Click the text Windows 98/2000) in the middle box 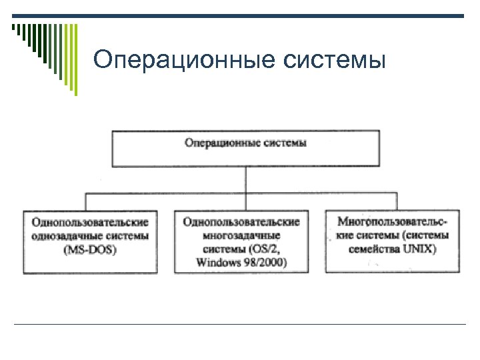pos(241,263)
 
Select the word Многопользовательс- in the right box pos(393,221)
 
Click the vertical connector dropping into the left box pos(86,201)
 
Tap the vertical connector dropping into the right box pos(397,201)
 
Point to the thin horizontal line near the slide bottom pos(240,325)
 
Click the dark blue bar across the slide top pos(267,16)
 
